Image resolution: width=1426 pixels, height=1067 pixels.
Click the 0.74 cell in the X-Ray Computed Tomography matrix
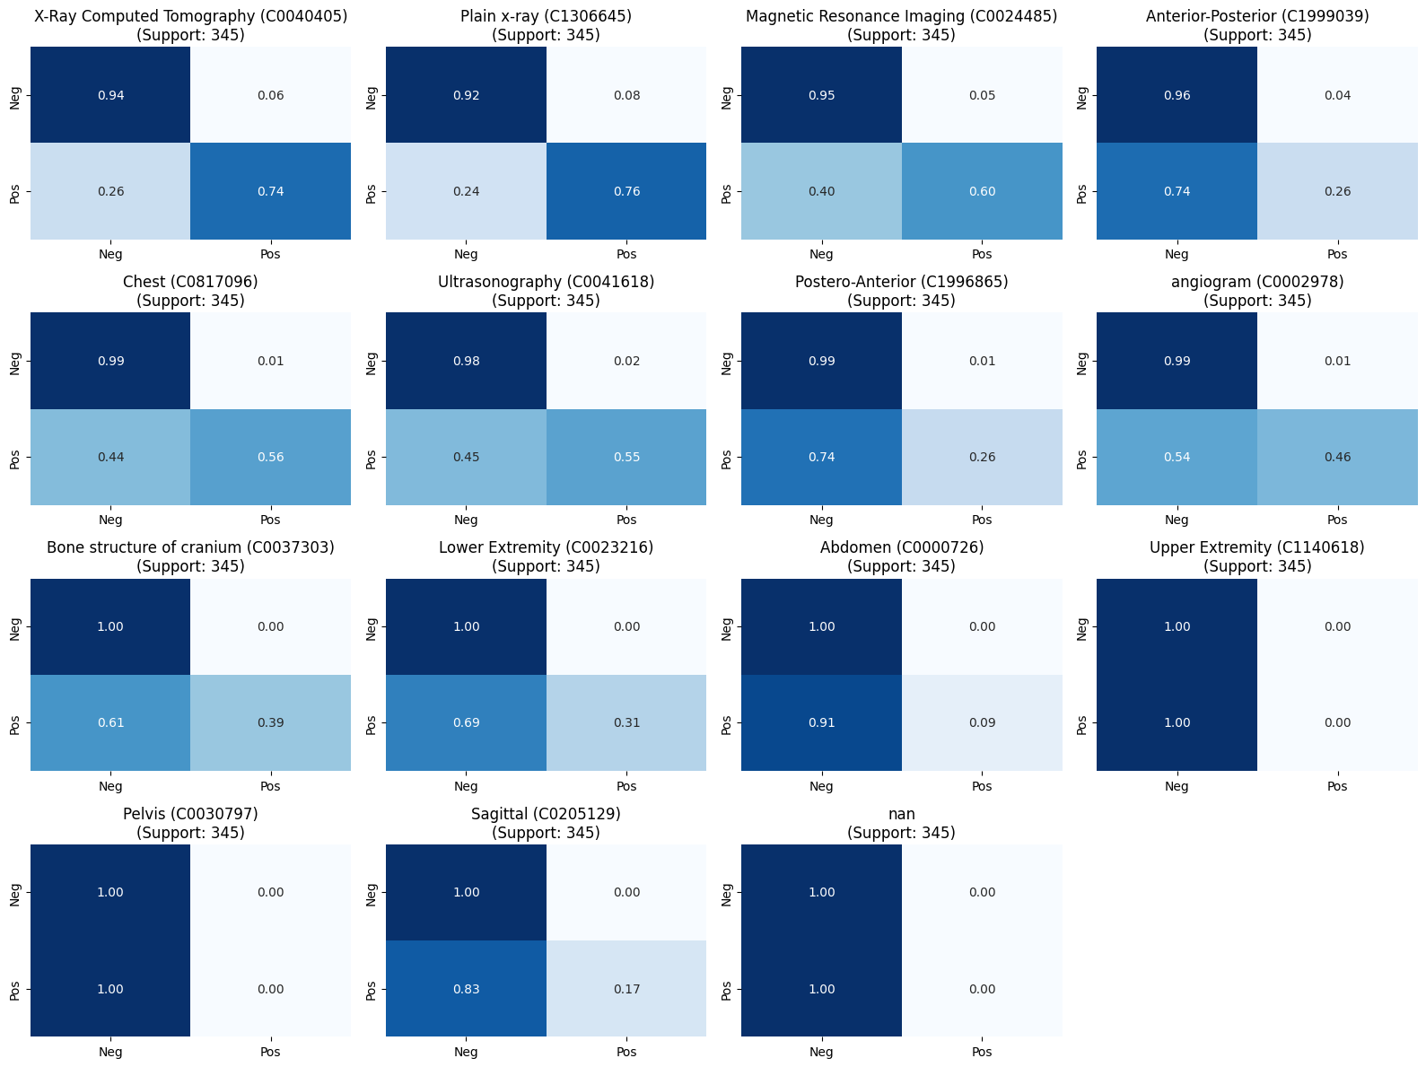coord(270,191)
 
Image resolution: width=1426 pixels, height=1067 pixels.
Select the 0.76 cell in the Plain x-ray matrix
coord(626,191)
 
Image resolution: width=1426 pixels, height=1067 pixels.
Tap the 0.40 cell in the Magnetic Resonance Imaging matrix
coord(821,191)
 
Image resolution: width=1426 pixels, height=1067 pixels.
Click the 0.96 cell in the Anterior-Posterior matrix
coord(1177,95)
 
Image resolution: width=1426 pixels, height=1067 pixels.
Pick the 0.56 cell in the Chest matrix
coord(270,457)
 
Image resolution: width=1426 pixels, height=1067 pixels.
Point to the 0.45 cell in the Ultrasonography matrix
coord(466,457)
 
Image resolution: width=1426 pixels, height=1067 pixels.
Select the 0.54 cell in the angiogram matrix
coord(1177,457)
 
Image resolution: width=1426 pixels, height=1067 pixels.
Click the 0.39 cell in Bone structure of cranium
coord(270,722)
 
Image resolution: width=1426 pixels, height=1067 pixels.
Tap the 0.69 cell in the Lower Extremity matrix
coord(466,722)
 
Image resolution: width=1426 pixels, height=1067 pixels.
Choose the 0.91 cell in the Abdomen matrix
coord(821,722)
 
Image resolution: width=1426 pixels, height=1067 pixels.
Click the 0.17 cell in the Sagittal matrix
coord(626,989)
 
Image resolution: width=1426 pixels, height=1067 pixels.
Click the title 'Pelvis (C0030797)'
coord(190,814)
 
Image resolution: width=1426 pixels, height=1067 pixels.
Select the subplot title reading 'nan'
coord(901,814)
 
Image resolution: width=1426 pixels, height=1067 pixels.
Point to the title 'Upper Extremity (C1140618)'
coord(1256,547)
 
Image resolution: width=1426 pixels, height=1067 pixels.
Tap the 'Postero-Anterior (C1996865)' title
coord(901,282)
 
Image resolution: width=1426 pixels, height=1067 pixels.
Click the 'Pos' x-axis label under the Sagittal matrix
coord(626,1052)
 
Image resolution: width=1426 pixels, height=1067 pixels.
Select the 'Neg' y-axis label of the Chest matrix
coord(15,361)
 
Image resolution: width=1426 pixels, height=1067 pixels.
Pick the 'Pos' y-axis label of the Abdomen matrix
coord(727,722)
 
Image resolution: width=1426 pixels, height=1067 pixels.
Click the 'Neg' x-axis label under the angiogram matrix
coord(1177,520)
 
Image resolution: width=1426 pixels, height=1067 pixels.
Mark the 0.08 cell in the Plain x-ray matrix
coord(626,95)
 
